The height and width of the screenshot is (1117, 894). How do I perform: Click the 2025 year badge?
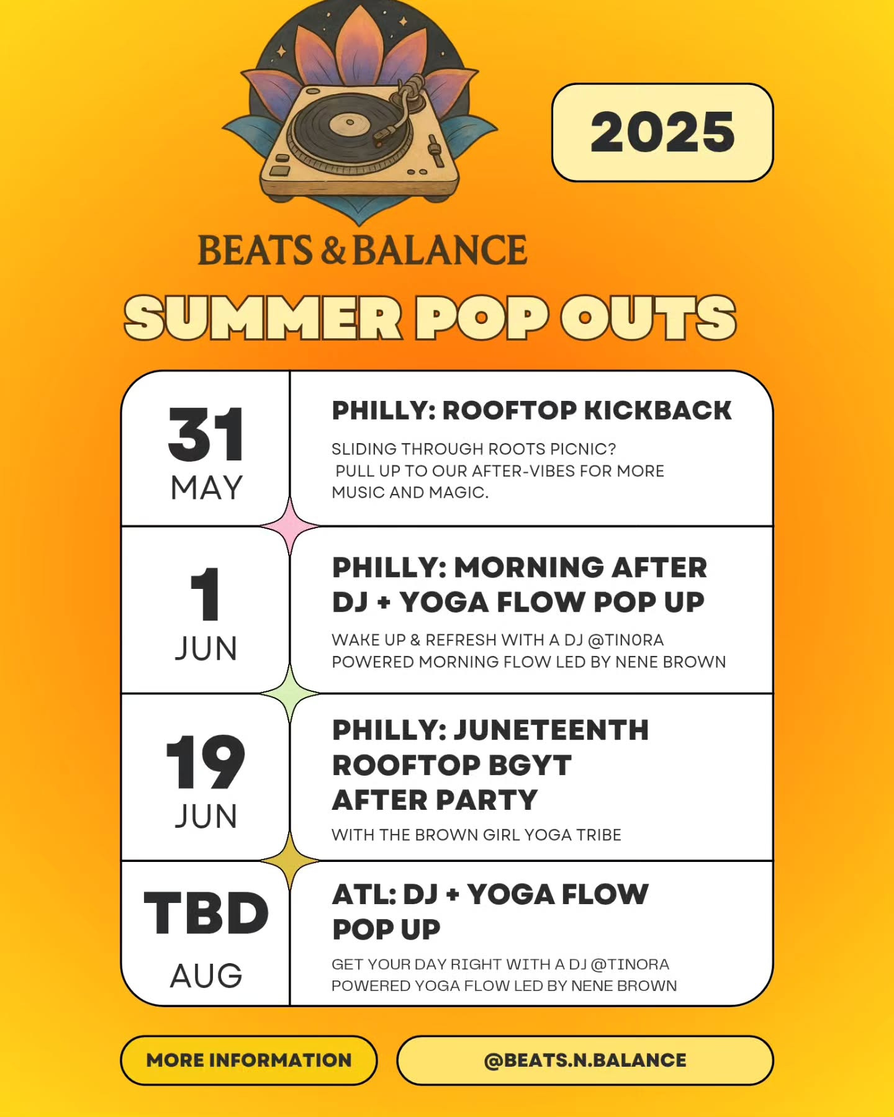(662, 132)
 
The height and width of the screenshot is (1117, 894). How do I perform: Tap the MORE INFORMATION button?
(249, 1060)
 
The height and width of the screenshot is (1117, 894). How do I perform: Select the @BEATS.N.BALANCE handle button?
(585, 1060)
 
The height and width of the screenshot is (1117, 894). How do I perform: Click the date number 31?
(206, 434)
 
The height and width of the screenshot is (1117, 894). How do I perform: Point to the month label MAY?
(206, 488)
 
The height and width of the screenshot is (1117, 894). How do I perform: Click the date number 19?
(205, 762)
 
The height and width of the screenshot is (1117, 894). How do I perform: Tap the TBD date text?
(206, 913)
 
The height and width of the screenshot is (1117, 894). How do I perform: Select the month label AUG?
(206, 976)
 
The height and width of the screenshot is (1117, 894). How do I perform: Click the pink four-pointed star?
(290, 526)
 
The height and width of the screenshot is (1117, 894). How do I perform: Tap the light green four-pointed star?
(290, 693)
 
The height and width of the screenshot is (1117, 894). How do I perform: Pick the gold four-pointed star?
(290, 861)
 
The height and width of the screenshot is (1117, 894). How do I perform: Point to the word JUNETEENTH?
(552, 730)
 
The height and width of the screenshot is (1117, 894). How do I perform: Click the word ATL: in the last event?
(364, 894)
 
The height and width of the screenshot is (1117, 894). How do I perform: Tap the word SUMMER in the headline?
(263, 318)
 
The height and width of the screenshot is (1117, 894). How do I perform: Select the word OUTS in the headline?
(648, 318)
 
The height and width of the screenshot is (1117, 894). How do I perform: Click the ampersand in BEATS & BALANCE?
(333, 251)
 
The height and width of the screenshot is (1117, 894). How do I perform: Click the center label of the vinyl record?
(349, 123)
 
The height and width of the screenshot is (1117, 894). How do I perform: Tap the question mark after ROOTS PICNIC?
(611, 449)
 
